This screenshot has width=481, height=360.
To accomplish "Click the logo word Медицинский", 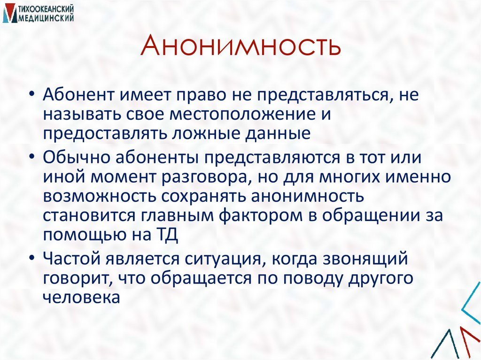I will click(46, 17).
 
